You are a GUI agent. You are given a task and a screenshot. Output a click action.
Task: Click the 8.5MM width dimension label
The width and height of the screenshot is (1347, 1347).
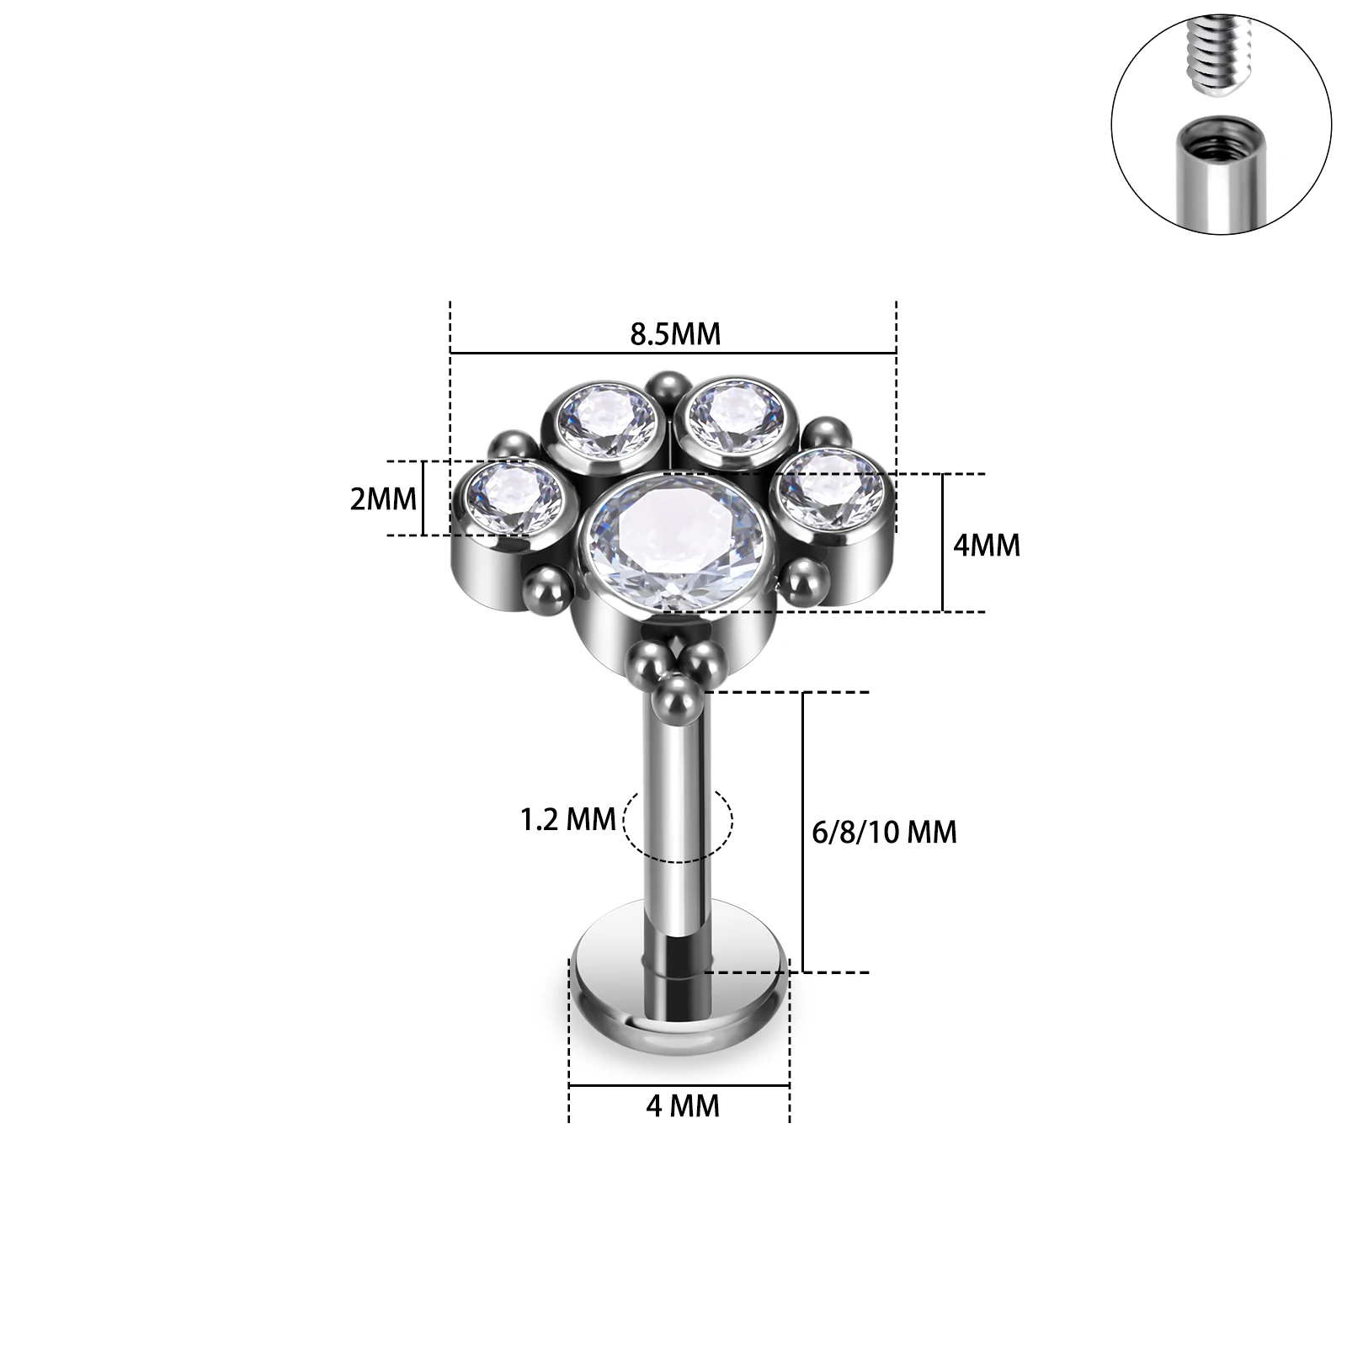pyautogui.click(x=675, y=333)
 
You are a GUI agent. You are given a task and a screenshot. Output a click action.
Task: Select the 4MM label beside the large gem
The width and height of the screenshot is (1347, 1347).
pyautogui.click(x=987, y=545)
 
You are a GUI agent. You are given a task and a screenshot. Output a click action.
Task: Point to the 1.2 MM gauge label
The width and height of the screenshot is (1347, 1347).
pyautogui.click(x=568, y=819)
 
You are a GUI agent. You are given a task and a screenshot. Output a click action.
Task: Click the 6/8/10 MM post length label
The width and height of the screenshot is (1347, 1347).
pyautogui.click(x=885, y=832)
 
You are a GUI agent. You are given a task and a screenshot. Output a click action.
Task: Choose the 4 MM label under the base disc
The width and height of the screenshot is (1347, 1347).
pyautogui.click(x=683, y=1105)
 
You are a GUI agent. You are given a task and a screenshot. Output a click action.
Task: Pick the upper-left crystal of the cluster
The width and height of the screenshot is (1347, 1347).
pyautogui.click(x=611, y=421)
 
